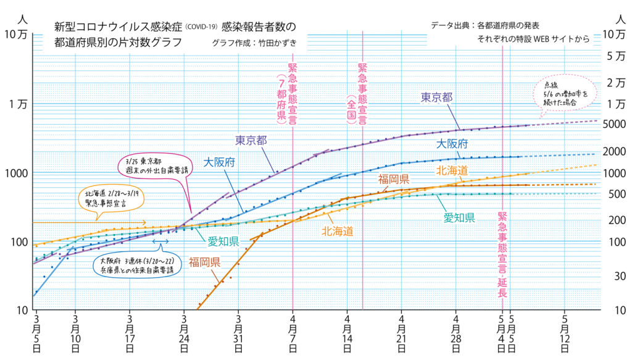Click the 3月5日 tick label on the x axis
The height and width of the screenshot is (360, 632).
37,333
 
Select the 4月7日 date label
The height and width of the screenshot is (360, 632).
293,333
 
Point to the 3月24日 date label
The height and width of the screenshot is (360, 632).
184,333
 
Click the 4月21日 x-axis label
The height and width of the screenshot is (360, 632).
402,333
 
